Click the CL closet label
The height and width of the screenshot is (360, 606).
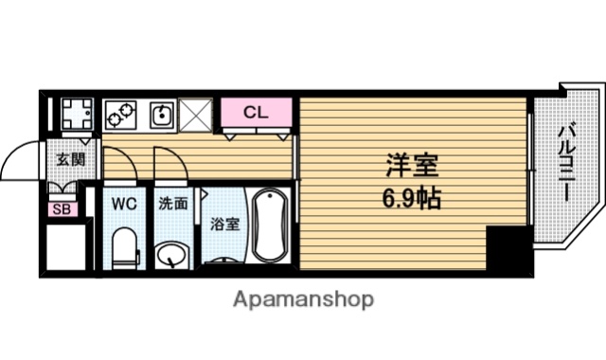(x=256, y=113)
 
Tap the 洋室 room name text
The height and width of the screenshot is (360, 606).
(x=413, y=165)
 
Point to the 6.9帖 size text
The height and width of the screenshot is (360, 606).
(x=412, y=198)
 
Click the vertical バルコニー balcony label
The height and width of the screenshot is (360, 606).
(x=566, y=162)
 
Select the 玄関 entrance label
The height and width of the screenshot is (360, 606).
(x=70, y=159)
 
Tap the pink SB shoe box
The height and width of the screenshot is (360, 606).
(x=62, y=209)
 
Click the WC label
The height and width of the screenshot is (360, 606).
(x=124, y=204)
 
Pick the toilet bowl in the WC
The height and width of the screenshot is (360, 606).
(x=125, y=248)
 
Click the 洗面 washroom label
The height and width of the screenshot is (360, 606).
(x=173, y=204)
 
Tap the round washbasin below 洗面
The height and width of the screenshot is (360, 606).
(x=171, y=255)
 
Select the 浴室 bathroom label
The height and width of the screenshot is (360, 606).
(x=224, y=225)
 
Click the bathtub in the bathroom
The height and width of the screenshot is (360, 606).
(x=269, y=225)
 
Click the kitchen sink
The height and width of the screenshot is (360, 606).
(x=162, y=115)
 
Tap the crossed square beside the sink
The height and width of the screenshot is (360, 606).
(x=196, y=115)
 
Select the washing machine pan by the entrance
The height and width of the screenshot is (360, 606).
(x=77, y=114)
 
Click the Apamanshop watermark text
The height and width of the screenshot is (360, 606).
(x=303, y=299)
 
